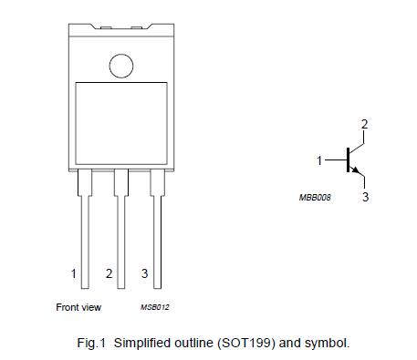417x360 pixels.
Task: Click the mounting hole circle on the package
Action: pyautogui.click(x=120, y=65)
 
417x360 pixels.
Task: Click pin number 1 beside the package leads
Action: pyautogui.click(x=73, y=273)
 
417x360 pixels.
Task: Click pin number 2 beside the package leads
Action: pyautogui.click(x=109, y=273)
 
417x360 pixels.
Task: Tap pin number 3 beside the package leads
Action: pyautogui.click(x=144, y=273)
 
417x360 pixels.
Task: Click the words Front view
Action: pyautogui.click(x=78, y=307)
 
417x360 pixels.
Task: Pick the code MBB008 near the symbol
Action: pyautogui.click(x=315, y=197)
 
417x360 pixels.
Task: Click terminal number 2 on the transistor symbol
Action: pyautogui.click(x=363, y=124)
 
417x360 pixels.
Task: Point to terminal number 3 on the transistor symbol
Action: pyautogui.click(x=365, y=196)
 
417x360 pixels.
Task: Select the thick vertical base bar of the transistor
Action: pyautogui.click(x=348, y=160)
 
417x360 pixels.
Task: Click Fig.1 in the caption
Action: pyautogui.click(x=92, y=344)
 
